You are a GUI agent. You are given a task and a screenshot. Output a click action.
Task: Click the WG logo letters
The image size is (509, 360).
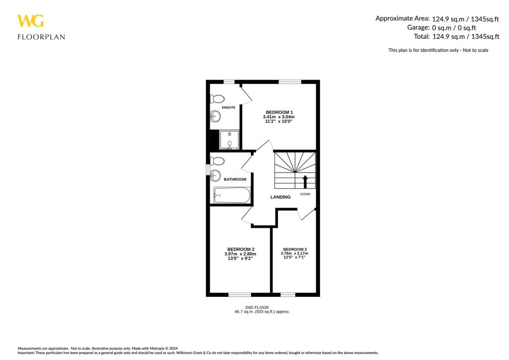[30, 21]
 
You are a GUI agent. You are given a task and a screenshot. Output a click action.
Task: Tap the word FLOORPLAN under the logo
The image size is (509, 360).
[41, 37]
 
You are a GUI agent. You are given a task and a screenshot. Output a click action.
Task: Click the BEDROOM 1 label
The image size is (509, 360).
[279, 112]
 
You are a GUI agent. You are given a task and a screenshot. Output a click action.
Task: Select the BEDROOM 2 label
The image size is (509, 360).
[241, 249]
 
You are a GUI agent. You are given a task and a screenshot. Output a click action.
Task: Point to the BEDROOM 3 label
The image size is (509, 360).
[295, 249]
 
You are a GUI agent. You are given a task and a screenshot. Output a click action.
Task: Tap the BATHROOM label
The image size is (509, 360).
[235, 179]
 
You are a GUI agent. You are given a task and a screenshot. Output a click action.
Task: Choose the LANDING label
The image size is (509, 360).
[280, 197]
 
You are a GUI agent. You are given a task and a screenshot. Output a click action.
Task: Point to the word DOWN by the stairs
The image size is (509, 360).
[305, 194]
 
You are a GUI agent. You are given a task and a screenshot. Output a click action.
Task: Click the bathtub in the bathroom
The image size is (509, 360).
[232, 195]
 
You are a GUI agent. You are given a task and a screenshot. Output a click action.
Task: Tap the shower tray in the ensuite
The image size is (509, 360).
[229, 140]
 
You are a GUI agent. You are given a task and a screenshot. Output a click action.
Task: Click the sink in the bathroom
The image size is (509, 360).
[215, 175]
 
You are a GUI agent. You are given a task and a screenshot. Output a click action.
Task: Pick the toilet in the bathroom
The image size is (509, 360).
[217, 161]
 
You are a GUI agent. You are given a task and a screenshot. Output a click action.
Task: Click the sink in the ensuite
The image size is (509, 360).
[215, 117]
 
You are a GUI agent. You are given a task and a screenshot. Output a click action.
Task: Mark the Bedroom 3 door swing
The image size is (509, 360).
[307, 214]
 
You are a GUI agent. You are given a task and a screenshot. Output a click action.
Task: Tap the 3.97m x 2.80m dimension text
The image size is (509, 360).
[241, 254]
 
